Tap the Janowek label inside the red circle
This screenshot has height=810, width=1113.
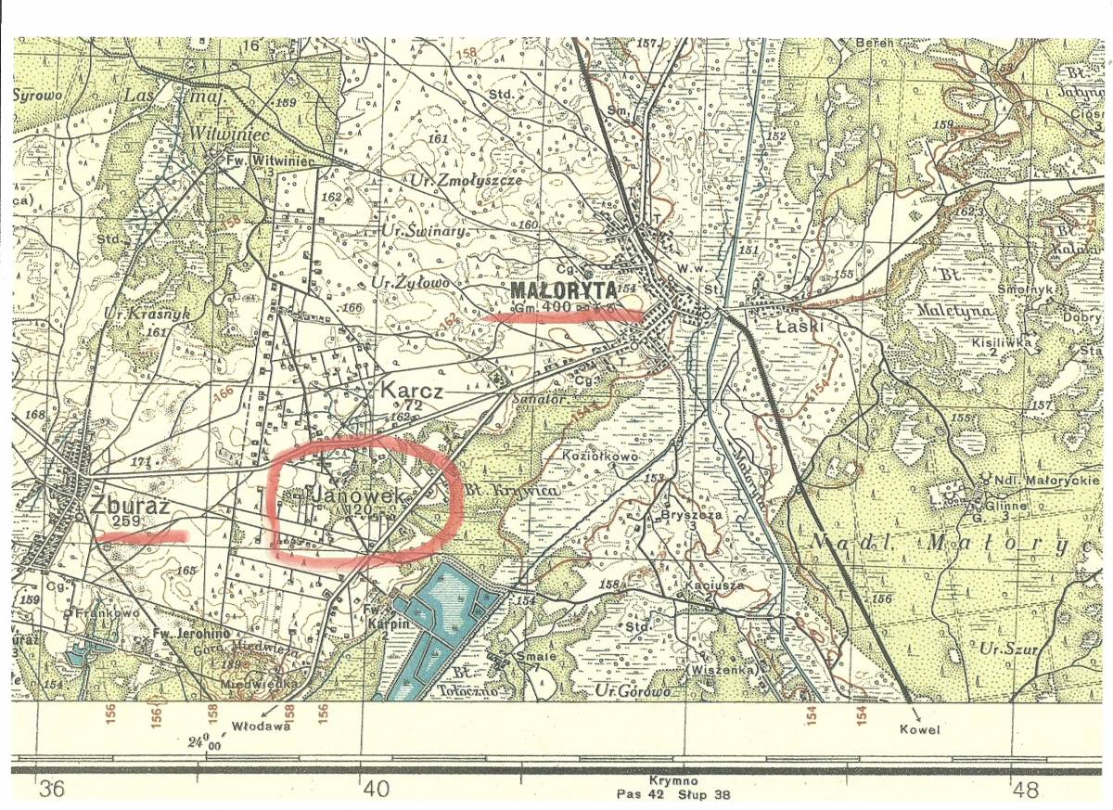(361, 496)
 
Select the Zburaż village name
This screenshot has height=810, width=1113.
(129, 506)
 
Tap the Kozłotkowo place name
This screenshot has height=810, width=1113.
(602, 456)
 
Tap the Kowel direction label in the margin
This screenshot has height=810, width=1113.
(918, 729)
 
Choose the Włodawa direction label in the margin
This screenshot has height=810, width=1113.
(262, 726)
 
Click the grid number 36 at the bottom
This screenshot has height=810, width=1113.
(51, 791)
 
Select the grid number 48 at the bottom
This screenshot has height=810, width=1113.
(1026, 791)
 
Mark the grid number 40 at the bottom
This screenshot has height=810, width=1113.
(374, 791)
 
